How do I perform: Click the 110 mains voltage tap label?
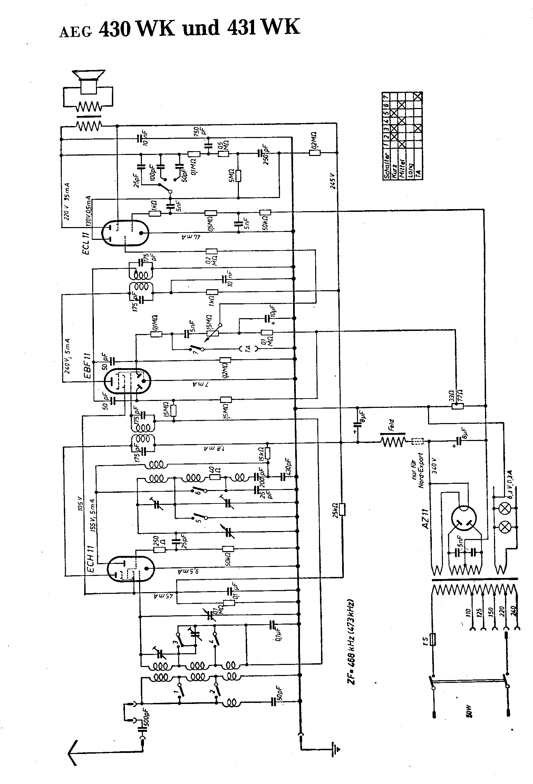click(x=468, y=610)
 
